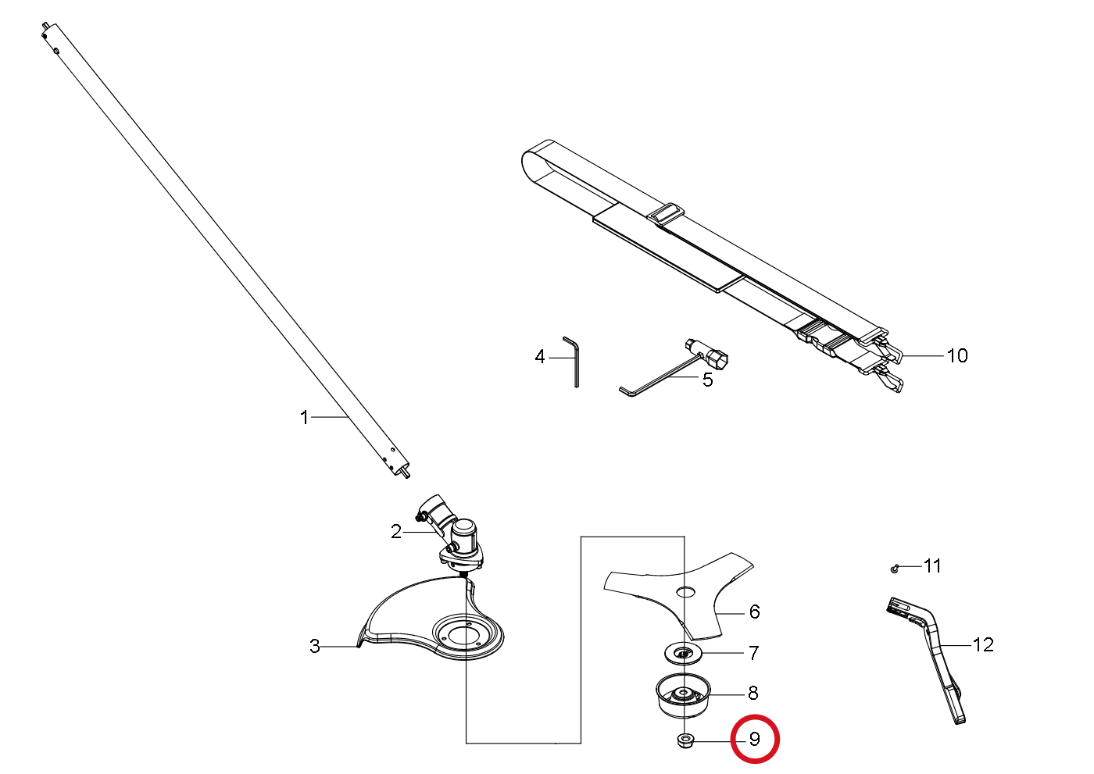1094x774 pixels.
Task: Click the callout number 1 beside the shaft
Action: pyautogui.click(x=304, y=417)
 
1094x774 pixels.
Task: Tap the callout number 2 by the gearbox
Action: pyautogui.click(x=396, y=531)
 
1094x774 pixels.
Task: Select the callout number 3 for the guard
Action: pyautogui.click(x=315, y=646)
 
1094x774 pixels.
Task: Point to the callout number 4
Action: pyautogui.click(x=540, y=357)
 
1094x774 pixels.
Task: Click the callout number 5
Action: pyautogui.click(x=708, y=380)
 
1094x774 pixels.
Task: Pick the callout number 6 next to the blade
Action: pyautogui.click(x=755, y=612)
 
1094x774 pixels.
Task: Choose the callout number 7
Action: pyautogui.click(x=754, y=653)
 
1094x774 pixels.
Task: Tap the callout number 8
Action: pyautogui.click(x=753, y=693)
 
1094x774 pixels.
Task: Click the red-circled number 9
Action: pyautogui.click(x=755, y=740)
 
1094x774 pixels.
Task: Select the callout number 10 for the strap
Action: pyautogui.click(x=957, y=356)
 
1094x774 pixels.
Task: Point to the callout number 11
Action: pyautogui.click(x=931, y=566)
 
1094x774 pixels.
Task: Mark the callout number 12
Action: pyautogui.click(x=983, y=645)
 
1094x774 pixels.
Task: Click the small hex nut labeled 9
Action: pyautogui.click(x=686, y=740)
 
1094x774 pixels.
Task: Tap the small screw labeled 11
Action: pyautogui.click(x=894, y=569)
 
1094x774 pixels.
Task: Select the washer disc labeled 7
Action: pyautogui.click(x=683, y=653)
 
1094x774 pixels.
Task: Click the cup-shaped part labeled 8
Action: pyautogui.click(x=683, y=696)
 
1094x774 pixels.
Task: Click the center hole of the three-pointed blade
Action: pyautogui.click(x=685, y=592)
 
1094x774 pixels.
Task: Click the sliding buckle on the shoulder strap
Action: pyautogui.click(x=665, y=214)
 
